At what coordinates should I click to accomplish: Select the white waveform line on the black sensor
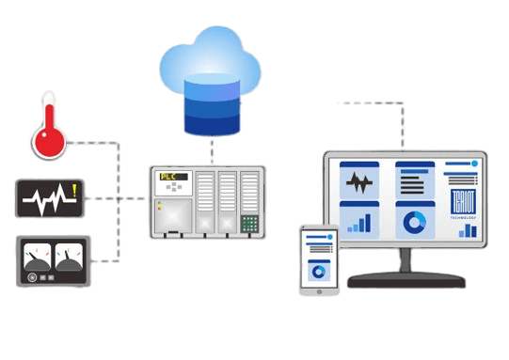click(43, 198)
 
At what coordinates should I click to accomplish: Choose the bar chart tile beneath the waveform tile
click(358, 219)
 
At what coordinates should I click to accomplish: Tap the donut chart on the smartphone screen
click(318, 272)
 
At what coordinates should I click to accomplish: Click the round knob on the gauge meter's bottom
click(34, 277)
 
